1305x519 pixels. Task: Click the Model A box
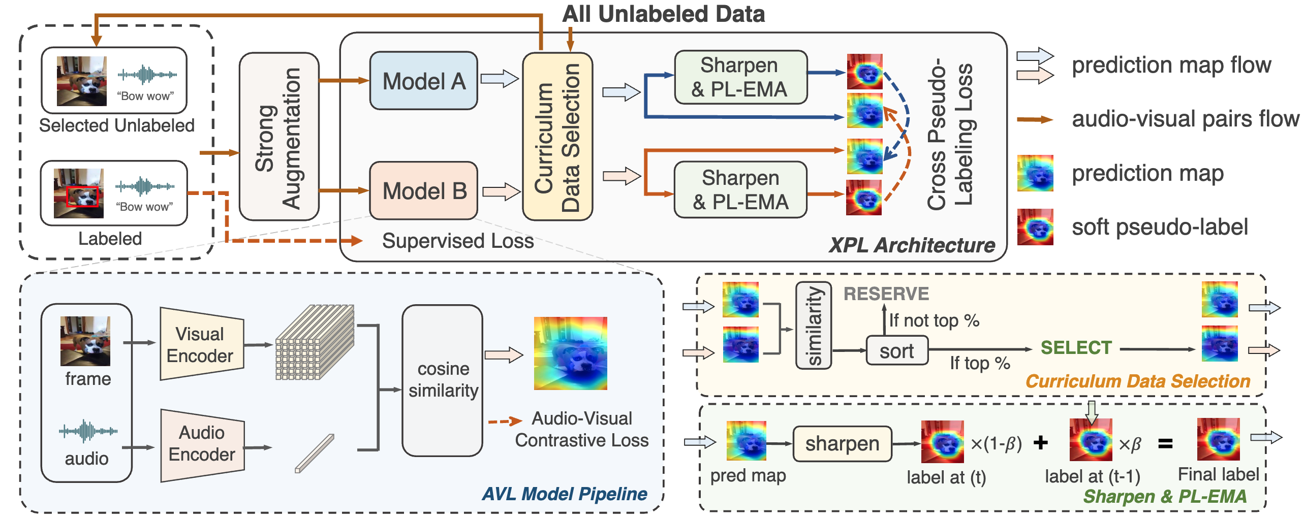(x=423, y=81)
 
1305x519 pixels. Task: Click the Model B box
(x=423, y=191)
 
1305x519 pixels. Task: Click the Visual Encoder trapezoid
(x=201, y=345)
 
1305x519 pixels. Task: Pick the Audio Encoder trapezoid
(x=202, y=444)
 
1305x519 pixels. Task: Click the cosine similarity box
(x=442, y=380)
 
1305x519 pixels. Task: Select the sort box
(x=897, y=350)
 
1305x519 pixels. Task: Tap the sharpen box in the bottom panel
(x=842, y=443)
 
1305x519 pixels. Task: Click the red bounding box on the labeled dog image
(x=82, y=197)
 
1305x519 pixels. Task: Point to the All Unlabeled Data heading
(x=663, y=14)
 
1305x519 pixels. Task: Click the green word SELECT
(x=1076, y=348)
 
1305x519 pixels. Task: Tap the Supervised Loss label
(x=457, y=241)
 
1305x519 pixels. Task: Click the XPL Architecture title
(x=912, y=245)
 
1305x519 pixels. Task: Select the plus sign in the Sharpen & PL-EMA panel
(x=1040, y=442)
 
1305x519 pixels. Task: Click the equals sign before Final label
(x=1165, y=444)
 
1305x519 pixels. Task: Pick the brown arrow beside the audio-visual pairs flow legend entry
(x=1035, y=120)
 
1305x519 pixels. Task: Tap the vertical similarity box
(x=813, y=325)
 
